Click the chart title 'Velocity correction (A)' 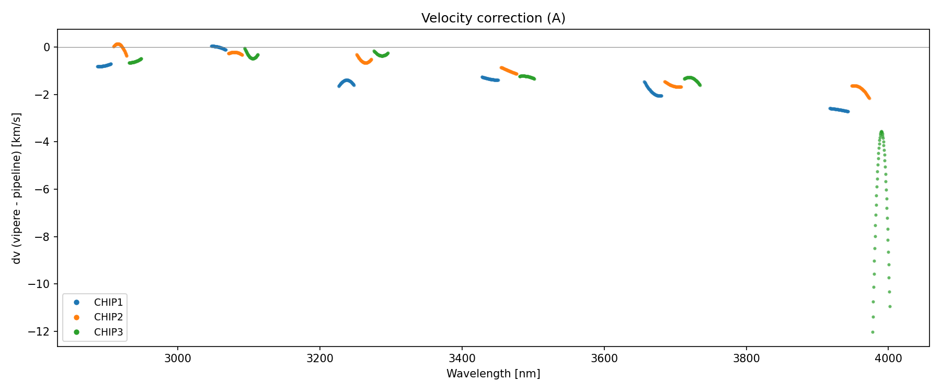click(493, 18)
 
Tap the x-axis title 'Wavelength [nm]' click(493, 374)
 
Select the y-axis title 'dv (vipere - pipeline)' click(17, 188)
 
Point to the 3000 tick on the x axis click(178, 359)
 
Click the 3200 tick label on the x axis click(320, 359)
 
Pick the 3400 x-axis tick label click(462, 359)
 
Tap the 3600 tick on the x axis click(604, 359)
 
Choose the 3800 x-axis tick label click(746, 359)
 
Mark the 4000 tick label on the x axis click(888, 359)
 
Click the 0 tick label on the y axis click(47, 48)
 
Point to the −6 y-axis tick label click(43, 190)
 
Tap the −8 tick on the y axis click(43, 237)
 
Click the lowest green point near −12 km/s click(873, 332)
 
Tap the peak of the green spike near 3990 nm click(881, 132)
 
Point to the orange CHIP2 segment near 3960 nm click(860, 88)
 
